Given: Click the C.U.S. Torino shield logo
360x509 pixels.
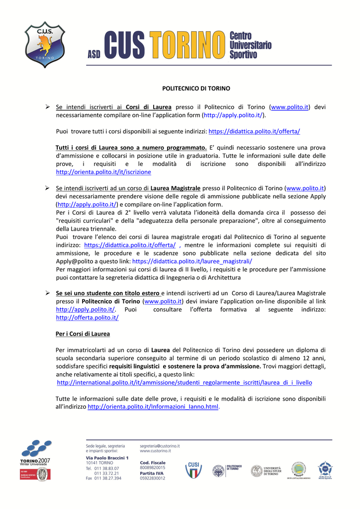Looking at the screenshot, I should click(45, 44).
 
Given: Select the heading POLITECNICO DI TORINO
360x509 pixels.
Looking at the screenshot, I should click(189, 88).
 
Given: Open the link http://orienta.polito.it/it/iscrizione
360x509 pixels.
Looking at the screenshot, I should click(103, 172).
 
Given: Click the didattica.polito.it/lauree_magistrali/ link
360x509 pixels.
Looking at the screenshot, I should click(192, 261).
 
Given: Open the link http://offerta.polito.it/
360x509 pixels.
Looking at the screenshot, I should click(87, 318).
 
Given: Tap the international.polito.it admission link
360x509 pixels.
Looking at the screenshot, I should click(184, 383).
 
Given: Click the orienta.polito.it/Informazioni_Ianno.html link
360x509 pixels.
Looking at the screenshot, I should click(153, 407).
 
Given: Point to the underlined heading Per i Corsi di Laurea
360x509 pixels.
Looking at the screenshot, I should click(83, 334).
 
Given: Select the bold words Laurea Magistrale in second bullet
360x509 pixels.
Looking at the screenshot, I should click(176, 188).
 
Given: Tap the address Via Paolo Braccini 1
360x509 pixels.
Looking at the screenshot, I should click(107, 458).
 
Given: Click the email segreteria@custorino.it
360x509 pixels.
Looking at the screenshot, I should click(160, 446).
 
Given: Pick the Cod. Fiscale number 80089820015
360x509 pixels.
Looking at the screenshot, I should click(153, 468).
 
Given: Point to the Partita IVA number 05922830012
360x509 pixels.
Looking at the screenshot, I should click(153, 479).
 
